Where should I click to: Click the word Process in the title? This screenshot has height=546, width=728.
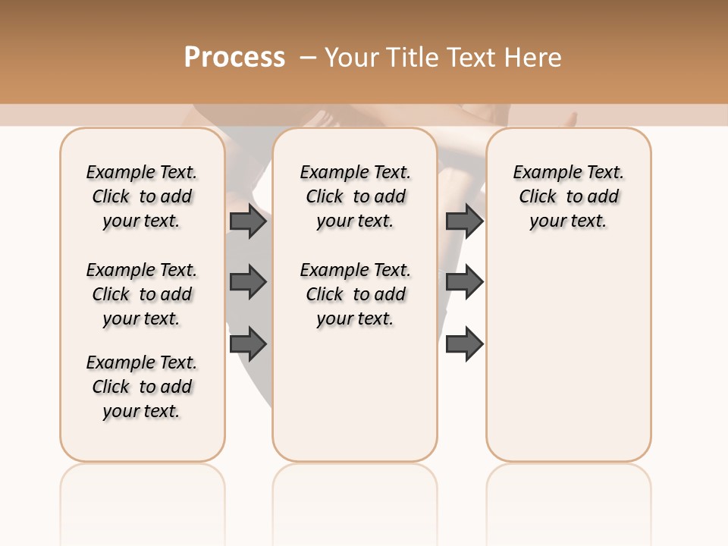click(x=234, y=58)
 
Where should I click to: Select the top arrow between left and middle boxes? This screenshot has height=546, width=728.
click(x=247, y=221)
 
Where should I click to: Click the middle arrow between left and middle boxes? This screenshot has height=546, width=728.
click(x=247, y=282)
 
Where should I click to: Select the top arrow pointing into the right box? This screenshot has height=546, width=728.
click(x=464, y=221)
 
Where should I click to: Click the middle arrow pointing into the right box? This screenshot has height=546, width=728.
click(x=464, y=282)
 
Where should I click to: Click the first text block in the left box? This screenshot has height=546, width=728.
click(x=142, y=196)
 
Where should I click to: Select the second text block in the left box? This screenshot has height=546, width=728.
click(x=142, y=294)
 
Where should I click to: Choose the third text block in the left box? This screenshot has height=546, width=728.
click(x=142, y=387)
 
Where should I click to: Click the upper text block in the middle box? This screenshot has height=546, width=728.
click(x=355, y=196)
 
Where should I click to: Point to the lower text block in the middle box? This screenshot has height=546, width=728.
click(x=355, y=294)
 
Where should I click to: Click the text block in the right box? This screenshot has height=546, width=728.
click(x=568, y=196)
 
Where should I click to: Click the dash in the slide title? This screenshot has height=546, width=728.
click(x=307, y=58)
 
